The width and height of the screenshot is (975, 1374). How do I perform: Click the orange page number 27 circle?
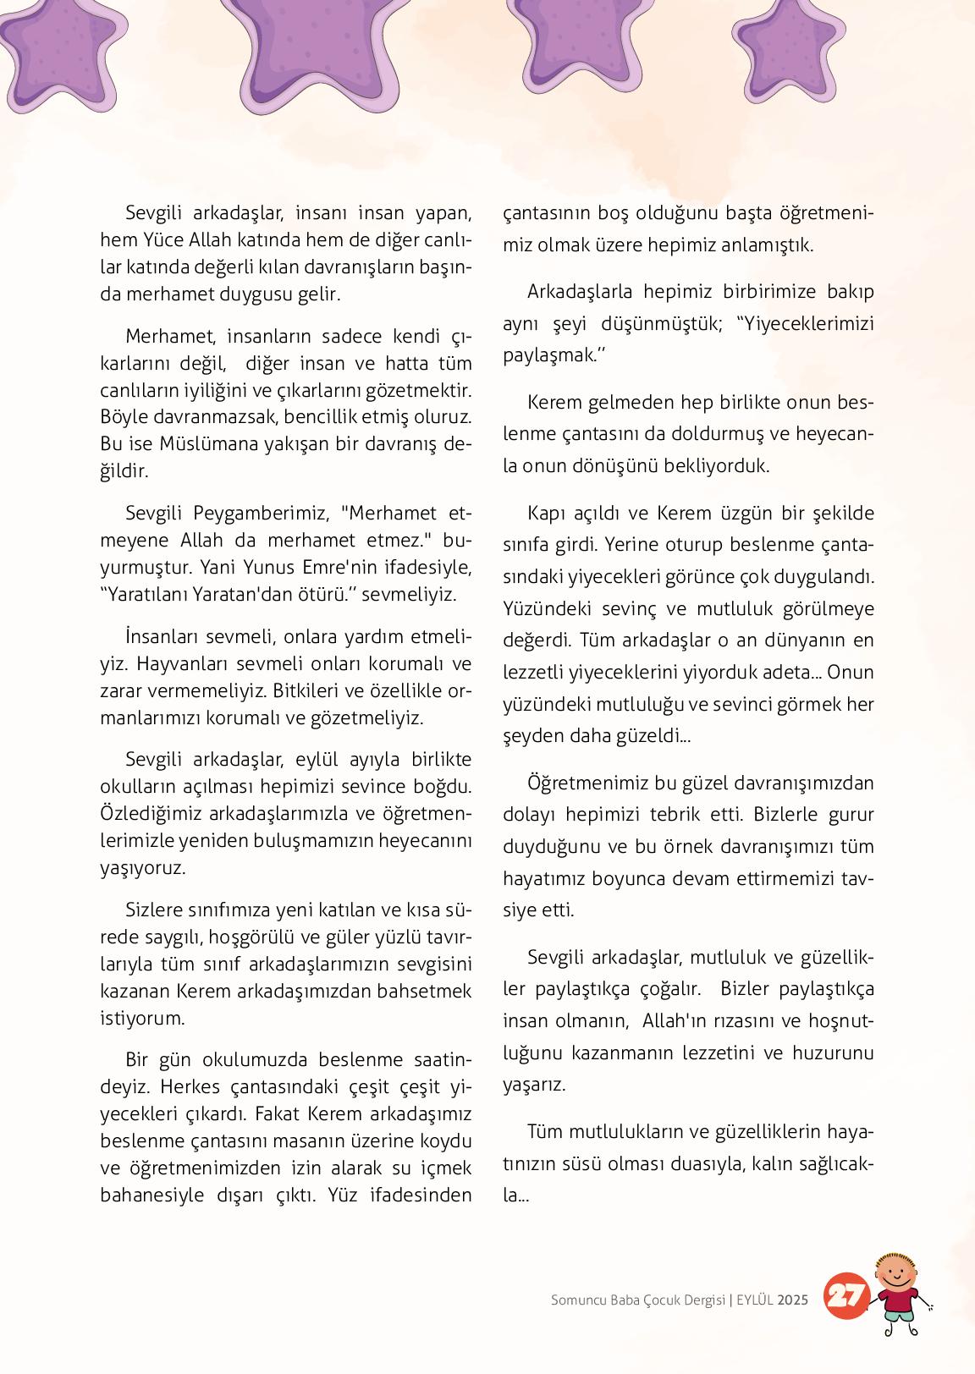click(846, 1297)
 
